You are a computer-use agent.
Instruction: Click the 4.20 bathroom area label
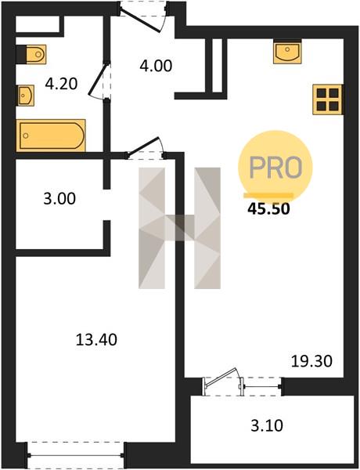(61, 84)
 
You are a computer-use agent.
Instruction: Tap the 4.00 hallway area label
(156, 66)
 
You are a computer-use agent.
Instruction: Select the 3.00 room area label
(59, 199)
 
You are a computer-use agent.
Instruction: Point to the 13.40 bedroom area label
(96, 340)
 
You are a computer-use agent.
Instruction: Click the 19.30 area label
(311, 361)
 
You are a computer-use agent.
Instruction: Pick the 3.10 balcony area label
(267, 425)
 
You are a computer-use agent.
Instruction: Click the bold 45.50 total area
(268, 209)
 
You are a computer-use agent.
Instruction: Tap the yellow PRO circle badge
(275, 167)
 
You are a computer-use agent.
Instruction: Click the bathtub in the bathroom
(51, 136)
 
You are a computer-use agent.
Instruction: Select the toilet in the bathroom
(31, 54)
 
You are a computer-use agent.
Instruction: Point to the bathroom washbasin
(26, 96)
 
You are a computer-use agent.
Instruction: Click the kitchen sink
(287, 52)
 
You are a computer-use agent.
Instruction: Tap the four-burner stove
(328, 99)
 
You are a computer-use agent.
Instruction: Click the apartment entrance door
(144, 15)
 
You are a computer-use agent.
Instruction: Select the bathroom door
(100, 81)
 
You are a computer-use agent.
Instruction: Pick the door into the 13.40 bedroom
(146, 148)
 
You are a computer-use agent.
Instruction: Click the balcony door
(223, 381)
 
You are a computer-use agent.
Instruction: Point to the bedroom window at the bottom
(76, 456)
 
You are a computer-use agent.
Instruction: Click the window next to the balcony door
(262, 387)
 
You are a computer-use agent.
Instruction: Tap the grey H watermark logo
(179, 228)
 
